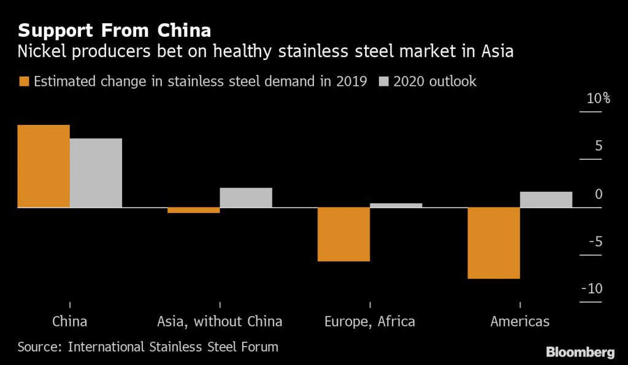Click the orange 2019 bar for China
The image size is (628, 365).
pyautogui.click(x=44, y=166)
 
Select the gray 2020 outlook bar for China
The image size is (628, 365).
pyautogui.click(x=96, y=173)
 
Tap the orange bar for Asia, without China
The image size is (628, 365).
pyautogui.click(x=194, y=210)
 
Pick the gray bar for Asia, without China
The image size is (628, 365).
pyautogui.click(x=246, y=197)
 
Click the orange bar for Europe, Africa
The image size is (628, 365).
pyautogui.click(x=343, y=234)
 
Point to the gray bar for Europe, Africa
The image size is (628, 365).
pyautogui.click(x=396, y=205)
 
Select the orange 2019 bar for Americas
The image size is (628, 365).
pyautogui.click(x=494, y=243)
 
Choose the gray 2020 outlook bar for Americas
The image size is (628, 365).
pyautogui.click(x=546, y=200)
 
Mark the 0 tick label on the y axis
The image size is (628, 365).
pyautogui.click(x=599, y=194)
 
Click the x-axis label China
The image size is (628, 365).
pyautogui.click(x=70, y=321)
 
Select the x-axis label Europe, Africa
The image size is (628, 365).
pyautogui.click(x=369, y=321)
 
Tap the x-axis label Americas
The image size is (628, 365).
pyautogui.click(x=520, y=321)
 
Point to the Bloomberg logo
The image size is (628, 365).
pyautogui.click(x=580, y=352)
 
